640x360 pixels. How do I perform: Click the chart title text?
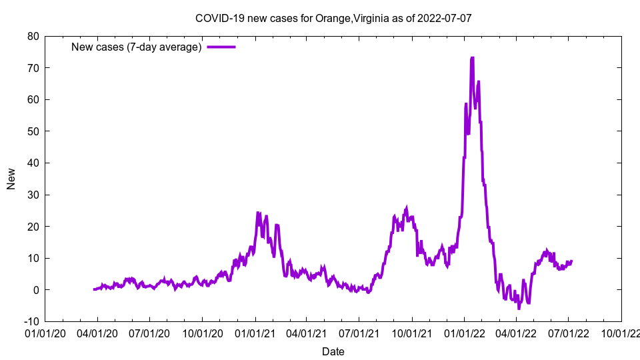333,18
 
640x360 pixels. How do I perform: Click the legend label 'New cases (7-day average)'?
137,47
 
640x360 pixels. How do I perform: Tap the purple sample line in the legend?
221,47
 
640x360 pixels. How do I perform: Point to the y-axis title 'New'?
11,179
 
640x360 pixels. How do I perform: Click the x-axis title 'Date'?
333,351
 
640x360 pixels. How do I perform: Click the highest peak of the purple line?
472,58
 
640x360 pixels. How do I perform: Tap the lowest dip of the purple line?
519,309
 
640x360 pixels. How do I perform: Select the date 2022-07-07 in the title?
445,18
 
